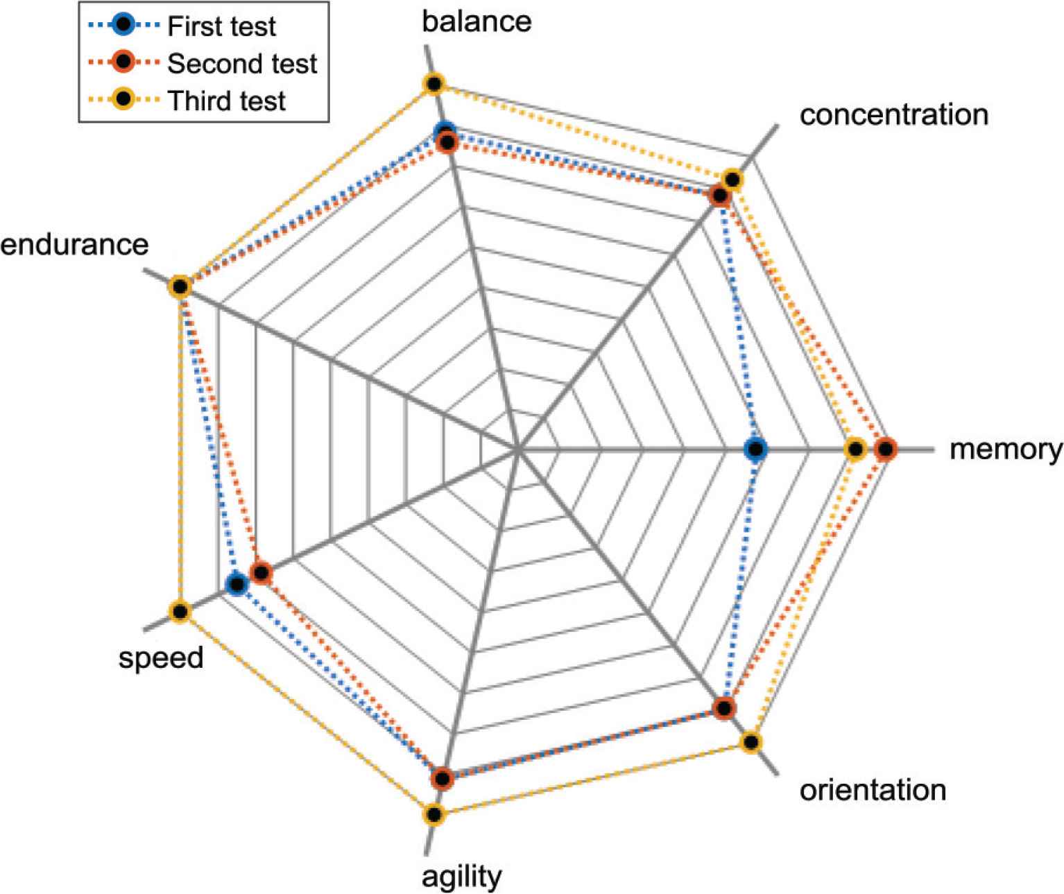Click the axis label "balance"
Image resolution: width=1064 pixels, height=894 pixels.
click(476, 22)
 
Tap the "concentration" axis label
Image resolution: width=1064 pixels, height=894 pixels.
click(893, 114)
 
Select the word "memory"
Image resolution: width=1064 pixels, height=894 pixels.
click(1005, 449)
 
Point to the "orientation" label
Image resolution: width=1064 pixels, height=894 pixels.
click(873, 790)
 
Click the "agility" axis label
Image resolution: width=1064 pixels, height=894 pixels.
click(461, 877)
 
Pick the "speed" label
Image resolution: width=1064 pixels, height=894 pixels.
click(161, 657)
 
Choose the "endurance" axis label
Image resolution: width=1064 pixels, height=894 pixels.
click(74, 244)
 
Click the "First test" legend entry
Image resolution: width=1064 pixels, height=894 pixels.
click(221, 26)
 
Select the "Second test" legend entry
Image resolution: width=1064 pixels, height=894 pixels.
click(242, 64)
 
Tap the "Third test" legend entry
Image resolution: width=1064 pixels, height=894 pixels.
click(226, 101)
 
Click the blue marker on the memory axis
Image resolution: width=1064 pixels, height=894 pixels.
click(755, 449)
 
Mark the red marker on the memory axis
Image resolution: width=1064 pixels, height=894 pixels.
click(885, 449)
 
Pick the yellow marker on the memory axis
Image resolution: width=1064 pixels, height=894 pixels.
click(855, 449)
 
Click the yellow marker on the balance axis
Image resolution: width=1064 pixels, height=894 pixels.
click(434, 85)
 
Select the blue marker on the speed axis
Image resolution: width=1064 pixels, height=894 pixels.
click(237, 585)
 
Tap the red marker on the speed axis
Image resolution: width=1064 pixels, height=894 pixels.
click(261, 573)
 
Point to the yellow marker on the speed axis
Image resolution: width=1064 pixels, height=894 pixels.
click(180, 612)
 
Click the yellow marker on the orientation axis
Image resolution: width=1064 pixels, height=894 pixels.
click(750, 742)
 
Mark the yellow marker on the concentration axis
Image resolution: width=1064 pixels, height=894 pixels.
click(731, 180)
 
